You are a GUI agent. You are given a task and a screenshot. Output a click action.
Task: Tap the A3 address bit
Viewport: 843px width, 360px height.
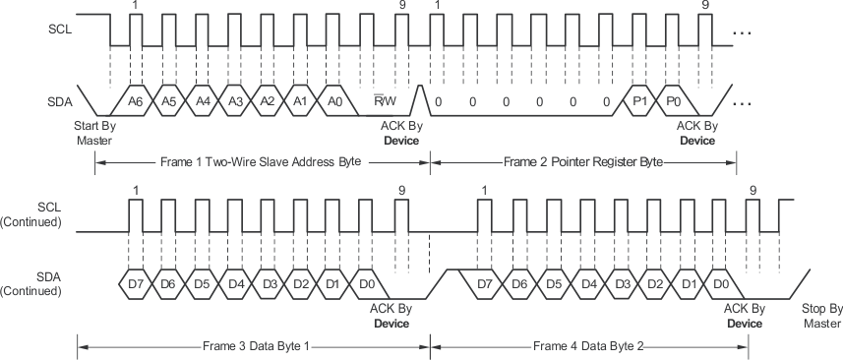pyautogui.click(x=237, y=100)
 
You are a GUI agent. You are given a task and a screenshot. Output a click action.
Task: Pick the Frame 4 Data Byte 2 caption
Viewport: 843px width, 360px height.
pyautogui.click(x=588, y=345)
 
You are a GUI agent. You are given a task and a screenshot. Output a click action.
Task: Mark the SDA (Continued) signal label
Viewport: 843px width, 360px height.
pyautogui.click(x=38, y=285)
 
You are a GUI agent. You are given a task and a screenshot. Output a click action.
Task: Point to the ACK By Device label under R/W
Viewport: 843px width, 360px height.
pyautogui.click(x=400, y=133)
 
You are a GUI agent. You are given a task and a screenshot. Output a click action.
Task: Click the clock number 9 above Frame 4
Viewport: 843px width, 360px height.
pyautogui.click(x=753, y=190)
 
